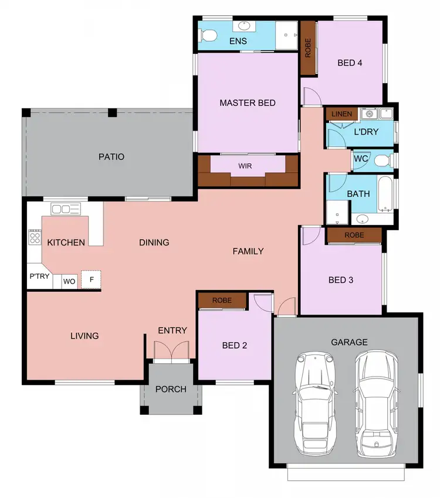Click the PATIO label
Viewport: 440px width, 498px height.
coord(111,157)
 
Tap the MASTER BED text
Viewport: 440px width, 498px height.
coord(248,103)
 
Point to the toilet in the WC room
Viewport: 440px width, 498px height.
coord(382,160)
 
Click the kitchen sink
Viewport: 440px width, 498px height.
coord(65,209)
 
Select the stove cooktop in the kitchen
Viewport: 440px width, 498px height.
coord(35,237)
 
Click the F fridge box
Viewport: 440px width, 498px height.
coord(92,279)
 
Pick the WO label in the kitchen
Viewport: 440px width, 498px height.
coord(69,281)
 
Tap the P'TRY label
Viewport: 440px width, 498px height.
coord(39,276)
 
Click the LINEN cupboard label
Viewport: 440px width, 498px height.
coord(341,114)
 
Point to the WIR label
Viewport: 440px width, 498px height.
coord(245,166)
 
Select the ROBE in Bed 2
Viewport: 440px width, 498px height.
coord(222,301)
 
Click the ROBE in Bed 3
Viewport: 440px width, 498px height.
coord(354,235)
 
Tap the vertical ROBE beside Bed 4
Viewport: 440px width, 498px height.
coord(308,49)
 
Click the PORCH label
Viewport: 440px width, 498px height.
coord(171,389)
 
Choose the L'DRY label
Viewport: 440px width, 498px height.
coord(366,132)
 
